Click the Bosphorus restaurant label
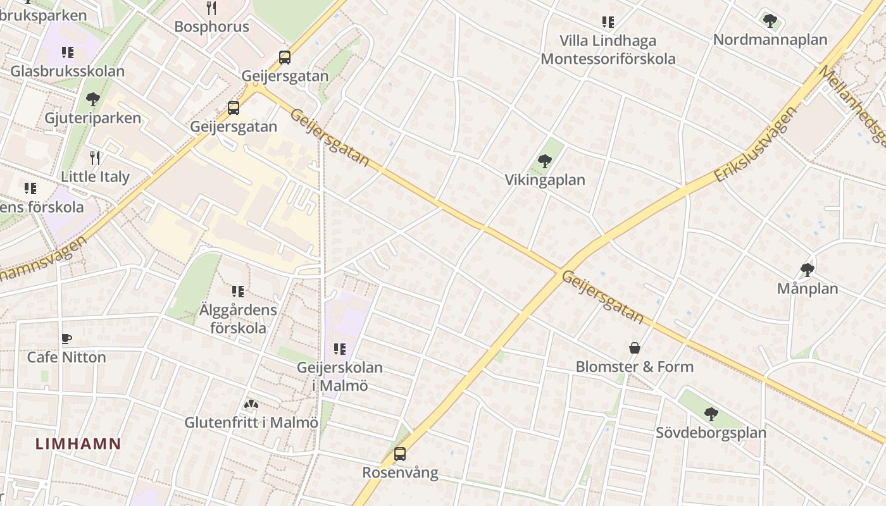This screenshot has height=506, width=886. tap(211, 27)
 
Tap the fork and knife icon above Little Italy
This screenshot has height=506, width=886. tap(95, 158)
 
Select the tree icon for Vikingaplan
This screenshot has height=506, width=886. tap(544, 161)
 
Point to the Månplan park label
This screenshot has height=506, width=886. tap(808, 288)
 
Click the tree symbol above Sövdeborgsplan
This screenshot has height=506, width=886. tap(711, 414)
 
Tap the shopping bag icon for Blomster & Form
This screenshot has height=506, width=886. tap(634, 348)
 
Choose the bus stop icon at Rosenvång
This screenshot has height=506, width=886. tap(400, 454)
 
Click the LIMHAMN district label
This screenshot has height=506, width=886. tap(78, 443)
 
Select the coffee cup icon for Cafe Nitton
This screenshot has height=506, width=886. tap(66, 339)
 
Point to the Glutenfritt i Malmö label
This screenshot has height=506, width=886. tap(251, 422)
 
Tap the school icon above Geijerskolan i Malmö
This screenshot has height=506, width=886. tap(340, 349)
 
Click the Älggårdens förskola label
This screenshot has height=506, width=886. tap(238, 319)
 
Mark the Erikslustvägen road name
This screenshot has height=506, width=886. tap(756, 144)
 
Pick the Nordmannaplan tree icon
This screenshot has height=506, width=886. tap(770, 21)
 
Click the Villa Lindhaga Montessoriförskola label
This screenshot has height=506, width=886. tap(608, 49)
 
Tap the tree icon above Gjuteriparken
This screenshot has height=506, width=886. tap(93, 99)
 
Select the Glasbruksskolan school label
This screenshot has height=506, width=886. tap(67, 71)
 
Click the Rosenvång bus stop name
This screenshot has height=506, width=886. tap(400, 472)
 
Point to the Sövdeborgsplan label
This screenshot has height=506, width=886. tap(711, 433)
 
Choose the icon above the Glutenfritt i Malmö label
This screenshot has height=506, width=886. tap(251, 404)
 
